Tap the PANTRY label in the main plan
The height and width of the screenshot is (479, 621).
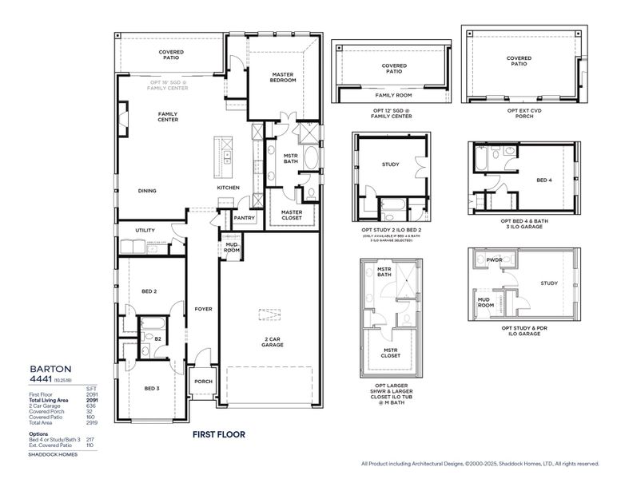click(243, 217)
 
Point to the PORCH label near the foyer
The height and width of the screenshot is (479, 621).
click(203, 382)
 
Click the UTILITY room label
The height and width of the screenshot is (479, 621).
click(145, 230)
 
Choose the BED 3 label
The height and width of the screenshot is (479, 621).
click(152, 388)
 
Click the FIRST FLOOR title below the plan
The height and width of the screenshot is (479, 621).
click(218, 434)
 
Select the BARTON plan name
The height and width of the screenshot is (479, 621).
click(46, 369)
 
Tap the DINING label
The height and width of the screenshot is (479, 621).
click(146, 191)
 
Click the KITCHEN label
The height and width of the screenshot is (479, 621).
click(228, 188)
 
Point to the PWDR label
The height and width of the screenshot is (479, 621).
click(496, 259)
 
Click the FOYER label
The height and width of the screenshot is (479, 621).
click(203, 308)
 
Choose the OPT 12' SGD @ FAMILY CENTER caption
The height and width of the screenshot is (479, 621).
click(392, 113)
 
